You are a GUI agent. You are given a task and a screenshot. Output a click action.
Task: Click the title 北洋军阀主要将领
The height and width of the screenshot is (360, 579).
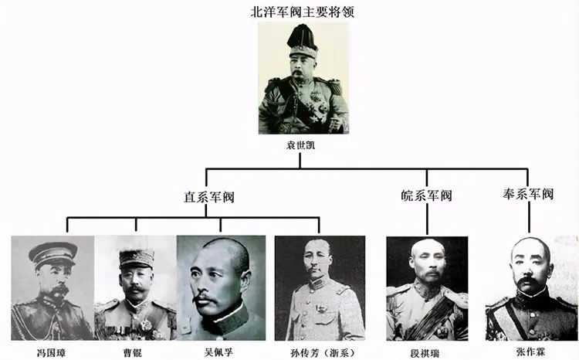pyautogui.click(x=302, y=12)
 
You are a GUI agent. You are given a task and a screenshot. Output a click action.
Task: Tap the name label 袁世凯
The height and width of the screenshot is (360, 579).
pyautogui.click(x=300, y=145)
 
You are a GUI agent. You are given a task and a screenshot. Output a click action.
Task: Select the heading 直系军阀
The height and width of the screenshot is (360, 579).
pyautogui.click(x=209, y=197)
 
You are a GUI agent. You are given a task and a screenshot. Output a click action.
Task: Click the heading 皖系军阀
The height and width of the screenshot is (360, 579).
pyautogui.click(x=426, y=195)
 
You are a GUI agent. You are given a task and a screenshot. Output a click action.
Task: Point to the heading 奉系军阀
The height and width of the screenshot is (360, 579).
pyautogui.click(x=528, y=195)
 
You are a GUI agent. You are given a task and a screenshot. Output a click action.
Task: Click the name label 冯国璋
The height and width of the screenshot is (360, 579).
pyautogui.click(x=52, y=352)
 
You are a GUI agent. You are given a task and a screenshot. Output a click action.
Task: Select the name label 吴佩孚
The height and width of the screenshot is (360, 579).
pyautogui.click(x=218, y=352)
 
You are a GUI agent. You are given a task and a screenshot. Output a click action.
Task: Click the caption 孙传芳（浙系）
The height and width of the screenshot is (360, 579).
pyautogui.click(x=323, y=353)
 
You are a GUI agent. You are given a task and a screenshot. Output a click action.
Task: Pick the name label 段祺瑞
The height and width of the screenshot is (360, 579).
pyautogui.click(x=425, y=352)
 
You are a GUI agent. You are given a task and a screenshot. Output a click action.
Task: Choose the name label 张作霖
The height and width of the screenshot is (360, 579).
pyautogui.click(x=530, y=352)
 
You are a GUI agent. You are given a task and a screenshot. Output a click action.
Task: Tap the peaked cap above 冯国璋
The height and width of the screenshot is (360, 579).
pyautogui.click(x=52, y=254)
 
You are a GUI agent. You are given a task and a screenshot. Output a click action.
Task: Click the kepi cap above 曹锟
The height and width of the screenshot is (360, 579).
pyautogui.click(x=136, y=258)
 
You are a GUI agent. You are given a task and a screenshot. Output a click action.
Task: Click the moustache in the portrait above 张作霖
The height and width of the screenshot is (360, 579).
pyautogui.click(x=527, y=283)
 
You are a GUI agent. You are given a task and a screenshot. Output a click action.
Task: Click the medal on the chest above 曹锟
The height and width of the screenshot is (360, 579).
pyautogui.click(x=145, y=324)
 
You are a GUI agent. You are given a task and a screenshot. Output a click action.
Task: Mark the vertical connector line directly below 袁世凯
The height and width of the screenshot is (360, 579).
pyautogui.click(x=300, y=161)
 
